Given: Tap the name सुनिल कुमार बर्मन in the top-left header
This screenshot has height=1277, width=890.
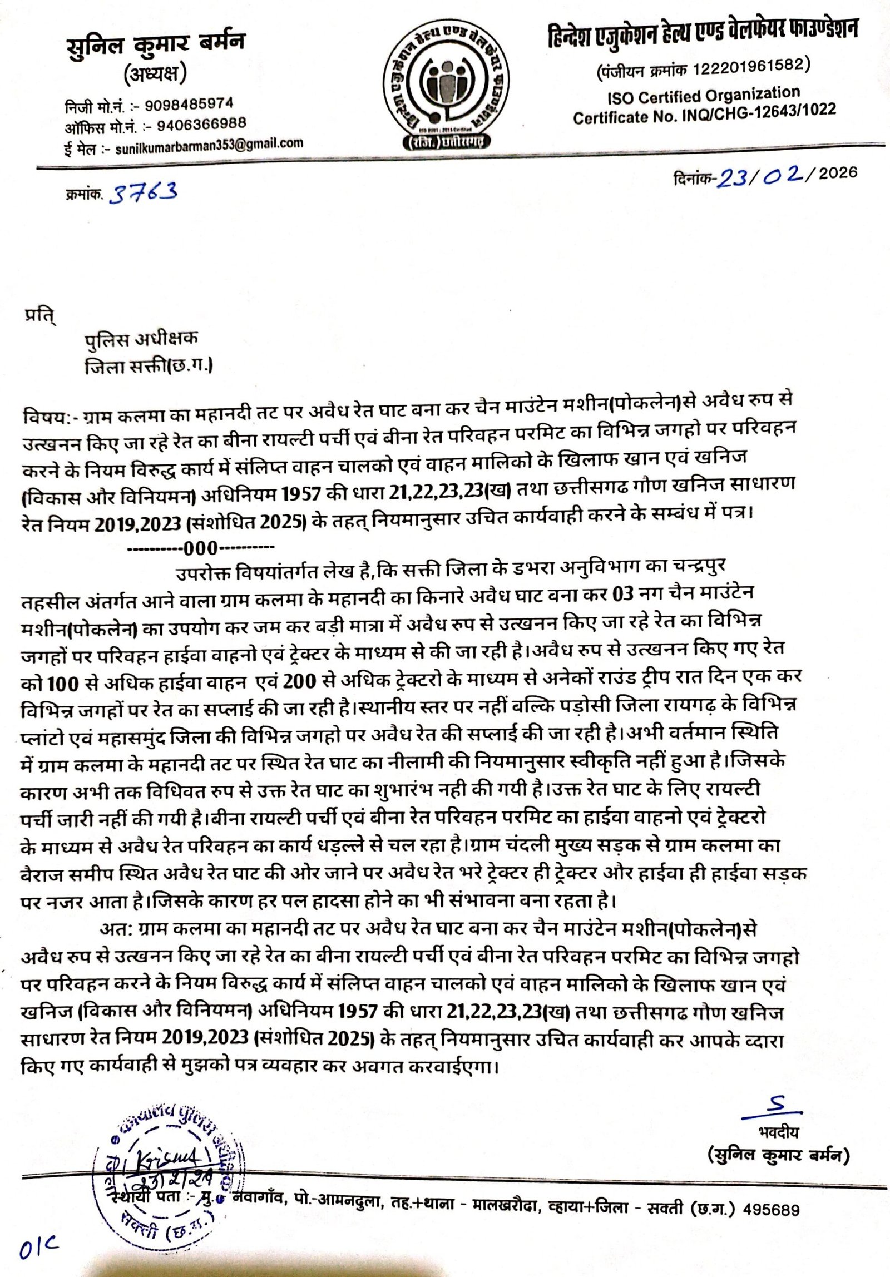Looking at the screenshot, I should [155, 44].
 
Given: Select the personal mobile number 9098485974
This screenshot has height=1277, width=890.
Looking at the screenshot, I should [189, 105].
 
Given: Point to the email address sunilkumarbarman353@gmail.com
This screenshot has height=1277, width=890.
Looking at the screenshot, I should [209, 144].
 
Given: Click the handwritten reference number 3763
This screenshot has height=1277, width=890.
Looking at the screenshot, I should [145, 192].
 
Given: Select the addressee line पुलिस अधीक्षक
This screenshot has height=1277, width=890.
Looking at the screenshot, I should [141, 339].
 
